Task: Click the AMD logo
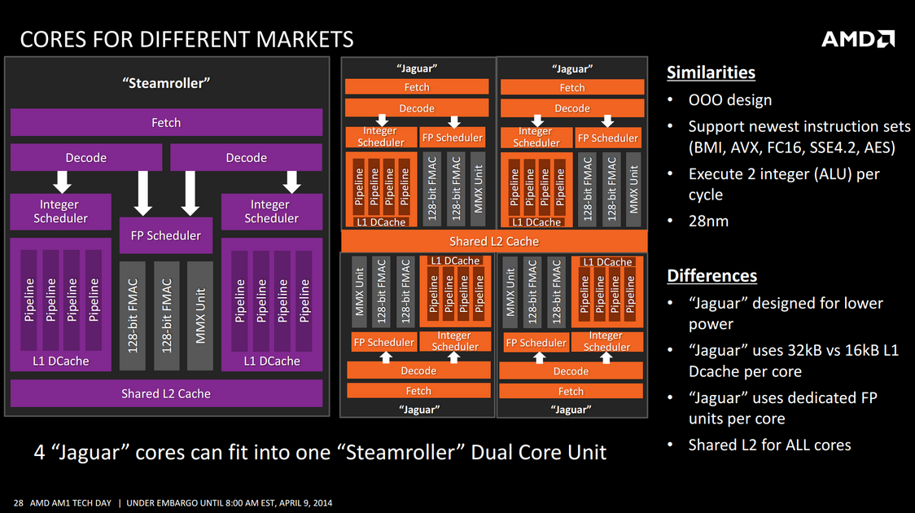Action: pos(858,39)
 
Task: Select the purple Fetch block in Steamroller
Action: pos(166,122)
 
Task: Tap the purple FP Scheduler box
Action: pos(166,235)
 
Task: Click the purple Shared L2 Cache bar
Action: pos(166,393)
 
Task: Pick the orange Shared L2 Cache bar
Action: pos(494,241)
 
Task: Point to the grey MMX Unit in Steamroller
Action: pos(200,316)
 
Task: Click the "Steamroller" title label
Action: pos(166,83)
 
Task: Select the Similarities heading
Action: pos(711,72)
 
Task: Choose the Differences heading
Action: pos(712,275)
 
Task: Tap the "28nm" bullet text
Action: pos(708,221)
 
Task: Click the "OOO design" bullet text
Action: pos(730,100)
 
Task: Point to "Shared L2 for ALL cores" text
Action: pos(770,445)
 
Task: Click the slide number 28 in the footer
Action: pos(19,502)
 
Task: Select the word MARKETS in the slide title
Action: pos(304,39)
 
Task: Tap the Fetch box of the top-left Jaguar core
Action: pos(417,87)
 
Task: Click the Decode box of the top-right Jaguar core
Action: pos(572,108)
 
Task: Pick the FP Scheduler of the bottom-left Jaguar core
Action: pos(384,342)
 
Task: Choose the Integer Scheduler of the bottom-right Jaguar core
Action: pos(607,341)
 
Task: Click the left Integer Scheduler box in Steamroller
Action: pos(61,211)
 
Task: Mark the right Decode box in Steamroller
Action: pos(247,158)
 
